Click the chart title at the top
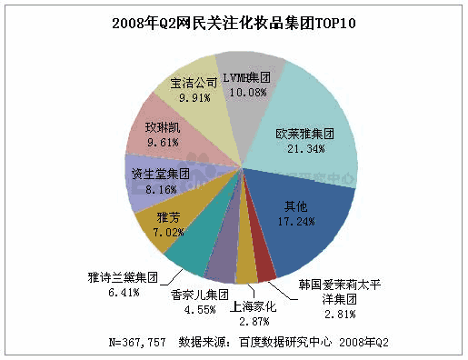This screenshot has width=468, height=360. point(234,20)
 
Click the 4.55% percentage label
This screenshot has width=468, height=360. point(197,310)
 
